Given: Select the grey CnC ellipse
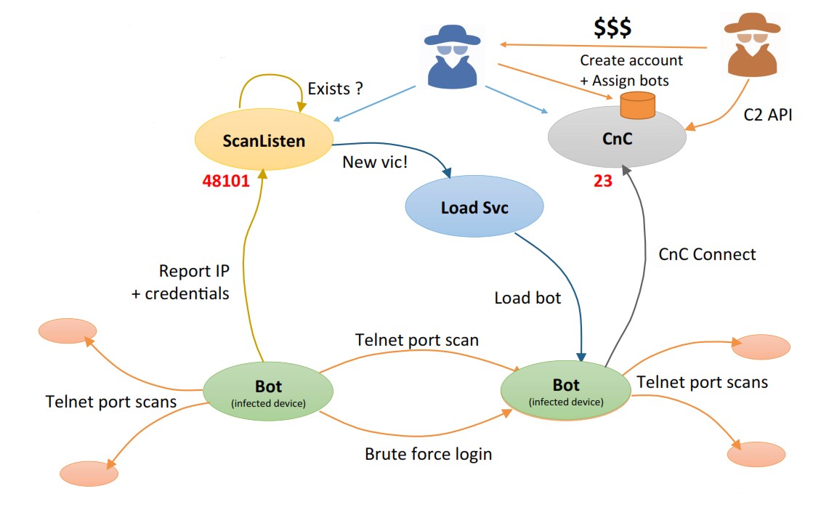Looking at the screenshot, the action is (x=617, y=139).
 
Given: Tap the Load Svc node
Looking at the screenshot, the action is (x=474, y=206).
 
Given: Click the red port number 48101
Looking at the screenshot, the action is (x=227, y=181).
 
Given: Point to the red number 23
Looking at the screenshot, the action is (x=602, y=181).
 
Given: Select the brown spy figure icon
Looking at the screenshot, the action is (x=752, y=45).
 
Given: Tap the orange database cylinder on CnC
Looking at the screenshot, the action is (x=637, y=105).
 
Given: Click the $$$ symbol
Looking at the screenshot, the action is (x=612, y=27).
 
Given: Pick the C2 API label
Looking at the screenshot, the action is (x=768, y=115).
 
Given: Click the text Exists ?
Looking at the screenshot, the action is (x=335, y=89).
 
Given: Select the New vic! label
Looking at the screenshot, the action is (x=375, y=162).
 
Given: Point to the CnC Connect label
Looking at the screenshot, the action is (x=707, y=254).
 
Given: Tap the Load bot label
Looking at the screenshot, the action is (x=527, y=298).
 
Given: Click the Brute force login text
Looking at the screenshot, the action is (x=428, y=454).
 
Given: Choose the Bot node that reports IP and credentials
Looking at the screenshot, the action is (x=268, y=392).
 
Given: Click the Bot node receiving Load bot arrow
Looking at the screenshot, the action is (x=566, y=391).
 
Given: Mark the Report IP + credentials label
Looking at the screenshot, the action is (x=180, y=283).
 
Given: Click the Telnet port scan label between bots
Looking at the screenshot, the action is (x=417, y=340).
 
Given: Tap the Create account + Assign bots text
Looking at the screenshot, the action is (x=631, y=70).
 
